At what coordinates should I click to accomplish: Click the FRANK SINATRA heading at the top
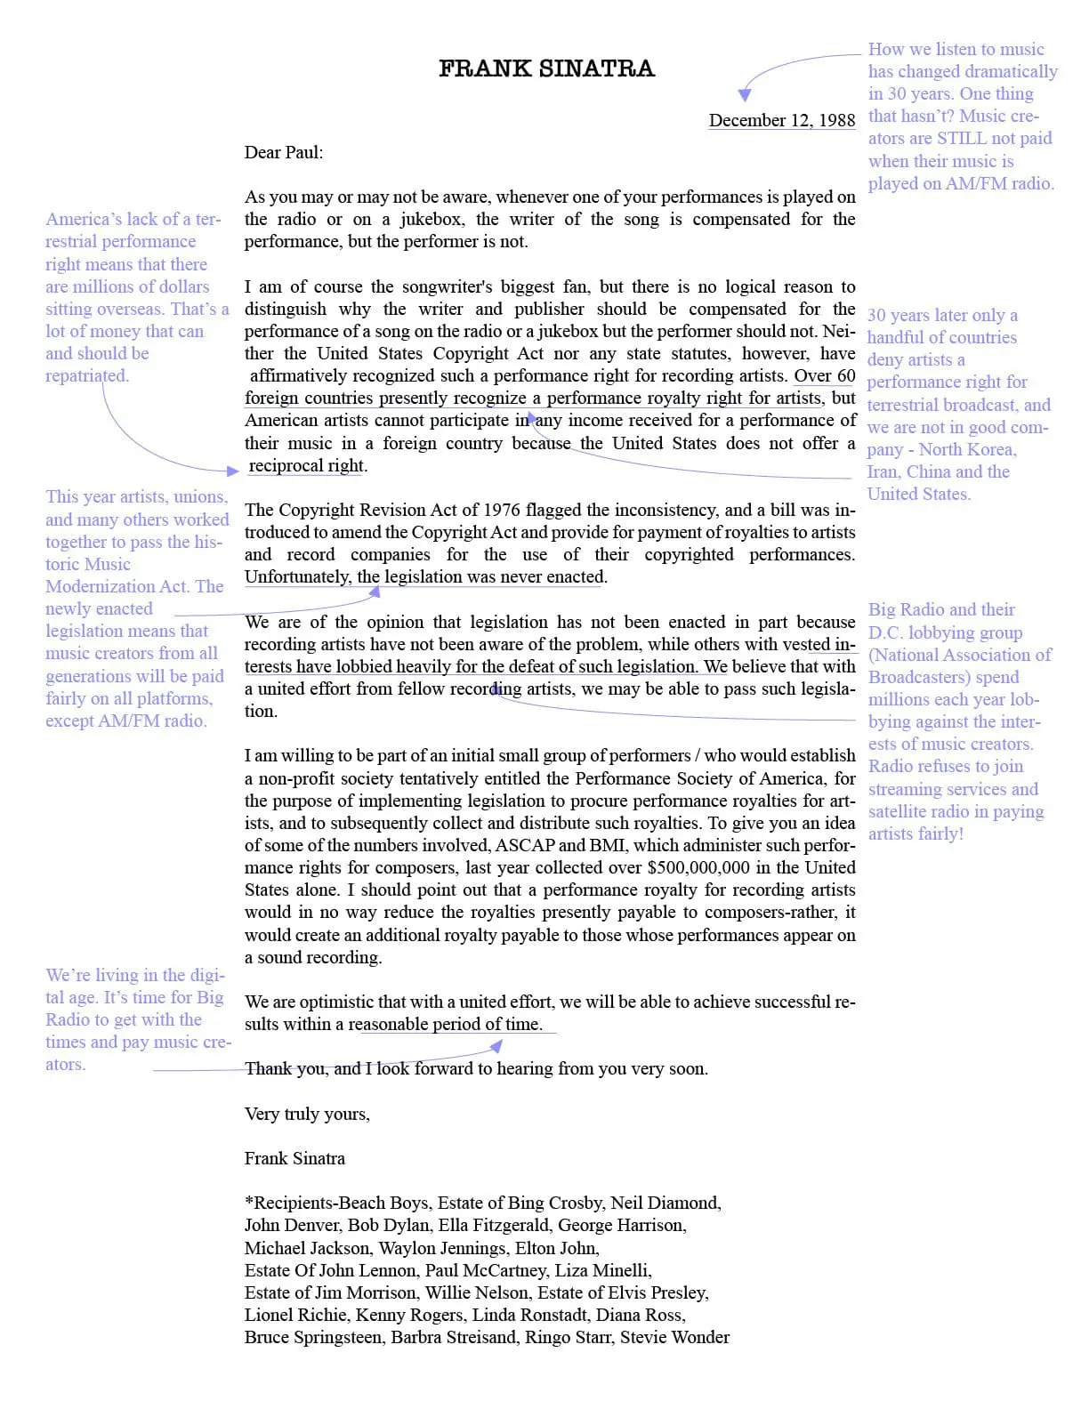(546, 68)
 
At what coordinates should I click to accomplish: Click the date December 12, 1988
(781, 120)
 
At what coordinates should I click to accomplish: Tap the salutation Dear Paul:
(284, 152)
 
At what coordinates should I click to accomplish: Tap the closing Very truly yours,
(307, 1114)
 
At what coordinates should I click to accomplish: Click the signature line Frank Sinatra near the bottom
(294, 1158)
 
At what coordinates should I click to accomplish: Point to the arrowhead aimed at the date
(746, 94)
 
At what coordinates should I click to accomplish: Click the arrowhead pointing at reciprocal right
(233, 471)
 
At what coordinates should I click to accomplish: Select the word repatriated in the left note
(86, 375)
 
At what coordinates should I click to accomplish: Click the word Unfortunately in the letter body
(297, 576)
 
